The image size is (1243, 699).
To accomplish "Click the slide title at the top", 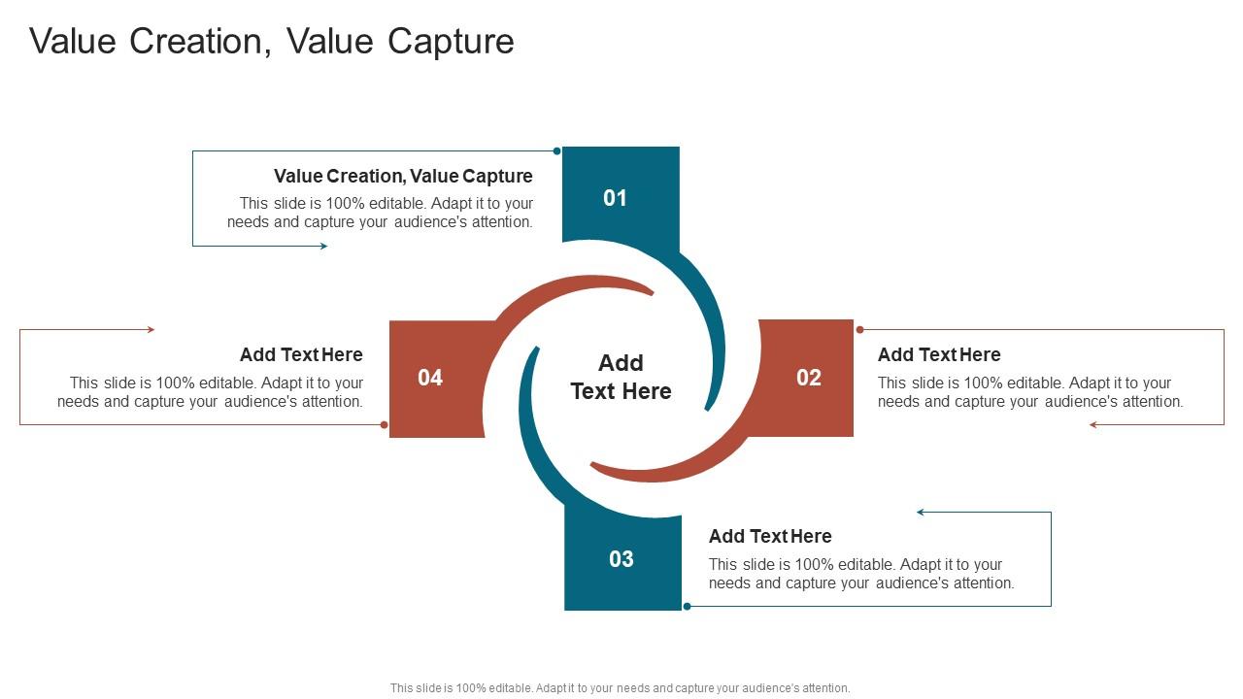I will pos(272,42).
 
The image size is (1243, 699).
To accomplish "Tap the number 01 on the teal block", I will pos(616,198).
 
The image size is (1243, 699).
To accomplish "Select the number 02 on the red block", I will pos(809,378).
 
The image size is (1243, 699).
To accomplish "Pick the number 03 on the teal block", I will pos(621,559).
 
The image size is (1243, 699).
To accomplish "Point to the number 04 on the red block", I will pos(430,378).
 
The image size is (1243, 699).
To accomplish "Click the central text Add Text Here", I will pos(621,377).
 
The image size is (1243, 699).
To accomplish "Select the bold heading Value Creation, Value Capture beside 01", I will pos(403,176).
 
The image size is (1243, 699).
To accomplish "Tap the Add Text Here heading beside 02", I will pos(939,354).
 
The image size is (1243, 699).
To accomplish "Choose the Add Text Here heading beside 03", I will pos(770,536).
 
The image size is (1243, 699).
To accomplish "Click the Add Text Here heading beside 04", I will pos(301,354).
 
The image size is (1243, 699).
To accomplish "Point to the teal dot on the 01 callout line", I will pos(556,150).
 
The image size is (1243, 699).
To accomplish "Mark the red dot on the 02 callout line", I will pos(859,330).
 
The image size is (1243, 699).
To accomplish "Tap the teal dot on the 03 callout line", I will pos(687,606).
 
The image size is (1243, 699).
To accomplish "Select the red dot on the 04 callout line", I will pos(385,424).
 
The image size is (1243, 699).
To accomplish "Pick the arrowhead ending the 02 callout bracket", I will pos(1093,424).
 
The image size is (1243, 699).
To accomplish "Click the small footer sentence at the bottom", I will pos(621,688).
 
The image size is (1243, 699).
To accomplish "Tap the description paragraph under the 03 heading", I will pos(861,574).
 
